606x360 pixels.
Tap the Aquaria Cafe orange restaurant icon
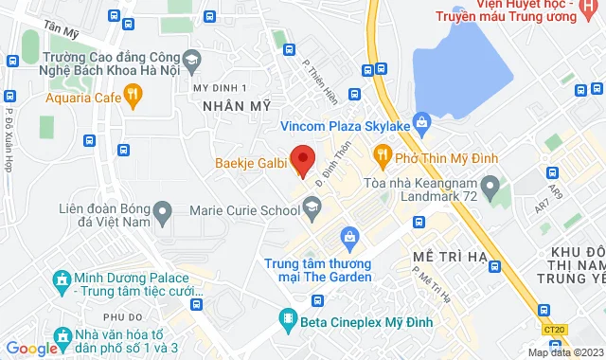[133, 94]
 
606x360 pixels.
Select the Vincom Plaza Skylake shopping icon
[422, 123]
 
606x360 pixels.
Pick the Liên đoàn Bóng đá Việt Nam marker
[163, 212]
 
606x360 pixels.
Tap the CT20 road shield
[558, 329]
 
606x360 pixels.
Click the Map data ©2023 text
[564, 352]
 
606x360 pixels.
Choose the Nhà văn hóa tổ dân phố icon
[62, 335]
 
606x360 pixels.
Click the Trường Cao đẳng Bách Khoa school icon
[190, 60]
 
